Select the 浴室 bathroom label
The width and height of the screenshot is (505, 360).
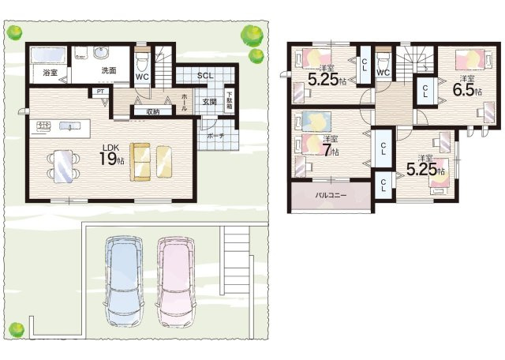click(50, 73)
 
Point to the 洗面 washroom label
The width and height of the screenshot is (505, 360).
click(109, 70)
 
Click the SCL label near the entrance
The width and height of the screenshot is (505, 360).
click(205, 76)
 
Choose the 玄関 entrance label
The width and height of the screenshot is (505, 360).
click(210, 102)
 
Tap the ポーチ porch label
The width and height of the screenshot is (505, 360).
click(215, 136)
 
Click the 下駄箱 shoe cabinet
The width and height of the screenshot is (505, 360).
click(230, 100)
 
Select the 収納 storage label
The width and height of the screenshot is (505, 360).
click(153, 112)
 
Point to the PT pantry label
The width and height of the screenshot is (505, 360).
click(100, 92)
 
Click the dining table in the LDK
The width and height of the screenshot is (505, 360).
click(63, 167)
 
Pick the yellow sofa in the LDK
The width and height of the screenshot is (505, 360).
click(140, 162)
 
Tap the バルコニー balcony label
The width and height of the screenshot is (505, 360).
click(331, 195)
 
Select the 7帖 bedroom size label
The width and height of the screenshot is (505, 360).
click(331, 150)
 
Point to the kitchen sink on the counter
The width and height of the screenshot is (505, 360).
click(69, 126)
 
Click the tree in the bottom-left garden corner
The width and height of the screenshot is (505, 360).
click(16, 329)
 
